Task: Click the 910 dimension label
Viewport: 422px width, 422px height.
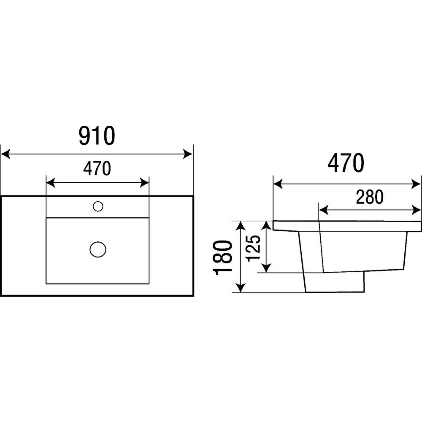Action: click(97, 135)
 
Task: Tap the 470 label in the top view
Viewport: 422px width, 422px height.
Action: click(97, 168)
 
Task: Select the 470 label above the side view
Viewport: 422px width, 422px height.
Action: click(346, 163)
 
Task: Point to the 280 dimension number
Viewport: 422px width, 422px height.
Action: click(370, 197)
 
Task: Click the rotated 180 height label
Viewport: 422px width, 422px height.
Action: click(222, 257)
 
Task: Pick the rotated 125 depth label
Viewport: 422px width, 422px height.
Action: click(254, 248)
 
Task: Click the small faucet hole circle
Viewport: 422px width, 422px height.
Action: click(98, 206)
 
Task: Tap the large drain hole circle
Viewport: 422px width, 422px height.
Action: click(98, 249)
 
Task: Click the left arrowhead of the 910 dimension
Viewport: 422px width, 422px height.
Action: click(5, 154)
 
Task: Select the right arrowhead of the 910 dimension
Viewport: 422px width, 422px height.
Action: click(188, 154)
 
